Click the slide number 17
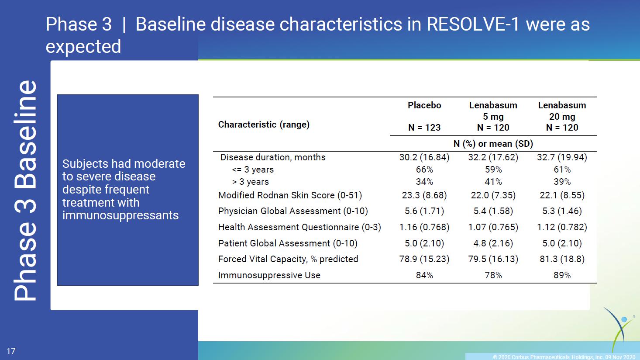click(x=11, y=351)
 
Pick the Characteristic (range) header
click(x=264, y=125)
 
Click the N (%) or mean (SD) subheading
click(x=493, y=144)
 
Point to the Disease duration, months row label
click(x=273, y=157)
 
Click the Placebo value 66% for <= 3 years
click(x=424, y=170)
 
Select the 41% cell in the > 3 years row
click(x=493, y=182)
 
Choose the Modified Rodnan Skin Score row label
click(x=290, y=195)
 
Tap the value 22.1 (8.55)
click(x=562, y=195)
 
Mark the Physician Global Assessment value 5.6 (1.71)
click(x=424, y=211)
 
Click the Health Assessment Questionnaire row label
click(x=299, y=227)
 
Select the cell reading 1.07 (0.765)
click(x=493, y=227)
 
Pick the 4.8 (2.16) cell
click(x=493, y=243)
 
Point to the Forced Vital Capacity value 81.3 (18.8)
click(x=562, y=259)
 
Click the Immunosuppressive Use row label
click(x=269, y=275)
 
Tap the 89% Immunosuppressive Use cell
click(x=562, y=275)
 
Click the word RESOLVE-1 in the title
click(x=472, y=24)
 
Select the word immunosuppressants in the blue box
click(x=120, y=215)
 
